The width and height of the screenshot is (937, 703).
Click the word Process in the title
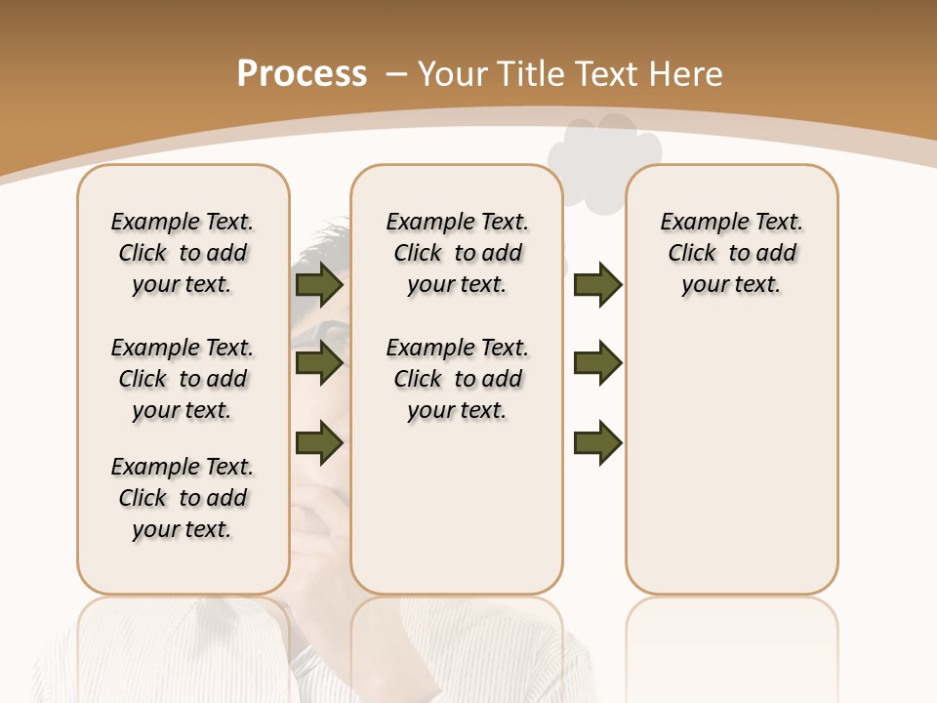click(x=302, y=74)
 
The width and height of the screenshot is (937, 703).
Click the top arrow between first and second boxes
click(x=319, y=284)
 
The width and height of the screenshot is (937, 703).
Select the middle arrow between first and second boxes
click(x=319, y=363)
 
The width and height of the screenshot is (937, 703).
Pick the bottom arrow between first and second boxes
click(x=319, y=442)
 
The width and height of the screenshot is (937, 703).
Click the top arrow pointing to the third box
click(x=597, y=284)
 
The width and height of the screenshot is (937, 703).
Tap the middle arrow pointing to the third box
click(x=597, y=363)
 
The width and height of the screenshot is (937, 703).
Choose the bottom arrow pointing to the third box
click(x=597, y=442)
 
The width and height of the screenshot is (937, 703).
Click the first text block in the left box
click(x=183, y=253)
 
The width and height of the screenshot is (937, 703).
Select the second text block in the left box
click(x=183, y=379)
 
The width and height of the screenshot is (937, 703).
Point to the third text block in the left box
click(x=183, y=498)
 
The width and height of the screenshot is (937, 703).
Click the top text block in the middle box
click(x=457, y=253)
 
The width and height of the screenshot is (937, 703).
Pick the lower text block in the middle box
click(x=457, y=379)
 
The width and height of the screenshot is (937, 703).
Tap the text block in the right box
click(x=731, y=253)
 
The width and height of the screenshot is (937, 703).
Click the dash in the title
click(x=396, y=74)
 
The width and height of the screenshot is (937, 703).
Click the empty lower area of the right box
click(x=731, y=469)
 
